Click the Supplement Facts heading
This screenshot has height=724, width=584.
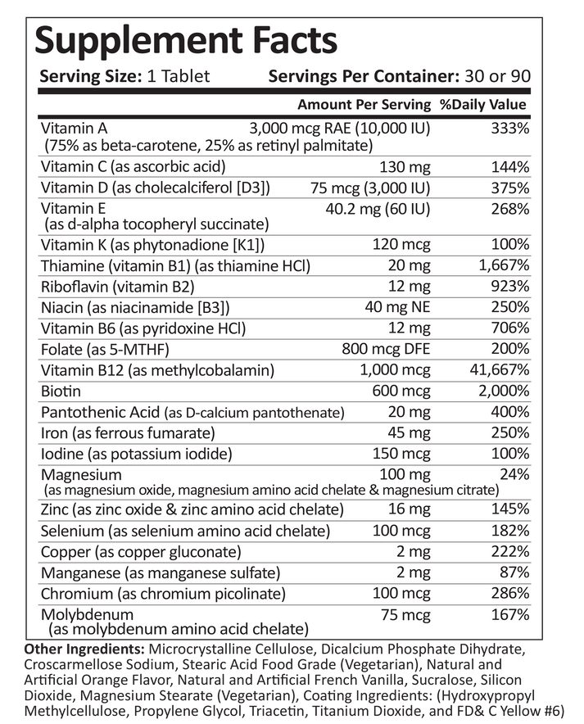(x=185, y=38)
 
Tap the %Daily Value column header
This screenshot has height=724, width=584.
(x=482, y=105)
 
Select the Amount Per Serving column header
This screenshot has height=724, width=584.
(x=364, y=105)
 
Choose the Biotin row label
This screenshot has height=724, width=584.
(x=60, y=391)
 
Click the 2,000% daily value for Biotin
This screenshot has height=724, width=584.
(x=500, y=391)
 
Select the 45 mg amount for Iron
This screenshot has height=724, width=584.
(x=411, y=432)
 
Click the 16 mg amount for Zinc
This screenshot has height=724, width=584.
(x=411, y=510)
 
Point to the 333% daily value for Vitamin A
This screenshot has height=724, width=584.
(x=509, y=129)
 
